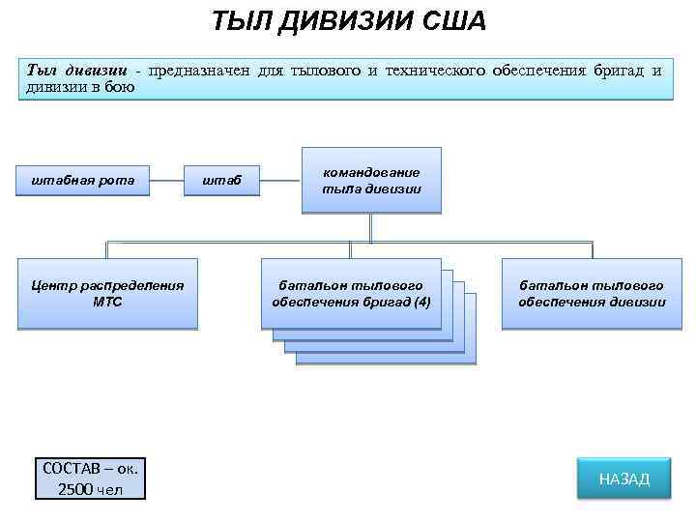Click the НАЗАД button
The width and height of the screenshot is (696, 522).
coord(623,478)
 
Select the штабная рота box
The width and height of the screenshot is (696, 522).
coord(83,179)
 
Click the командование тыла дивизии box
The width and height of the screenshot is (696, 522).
coord(371,180)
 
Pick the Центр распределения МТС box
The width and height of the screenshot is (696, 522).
coord(107,294)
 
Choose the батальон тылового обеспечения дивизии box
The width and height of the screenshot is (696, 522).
coord(592,294)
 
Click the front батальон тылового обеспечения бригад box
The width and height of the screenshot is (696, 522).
coord(351,294)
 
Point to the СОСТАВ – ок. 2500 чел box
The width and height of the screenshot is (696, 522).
coord(89,478)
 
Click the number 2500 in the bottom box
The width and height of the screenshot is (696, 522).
coord(76,488)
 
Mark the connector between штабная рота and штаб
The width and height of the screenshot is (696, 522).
coord(167,179)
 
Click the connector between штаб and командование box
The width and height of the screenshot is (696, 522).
coord(280,179)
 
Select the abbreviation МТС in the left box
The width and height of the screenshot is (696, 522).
coord(107,302)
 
